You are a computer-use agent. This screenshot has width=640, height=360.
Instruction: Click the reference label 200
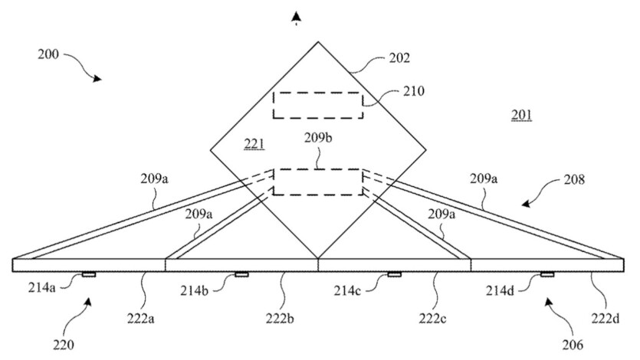point(47,54)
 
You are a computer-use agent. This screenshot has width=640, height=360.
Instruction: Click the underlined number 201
point(521,116)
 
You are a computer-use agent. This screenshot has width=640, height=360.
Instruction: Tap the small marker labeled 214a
point(89,274)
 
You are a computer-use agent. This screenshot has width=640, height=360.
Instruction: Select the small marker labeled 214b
point(242,274)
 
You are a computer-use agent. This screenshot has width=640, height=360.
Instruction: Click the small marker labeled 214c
point(395,274)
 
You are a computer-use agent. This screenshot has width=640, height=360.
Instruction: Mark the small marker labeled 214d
point(547,274)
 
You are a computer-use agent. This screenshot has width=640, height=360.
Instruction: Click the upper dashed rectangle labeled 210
point(318,105)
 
